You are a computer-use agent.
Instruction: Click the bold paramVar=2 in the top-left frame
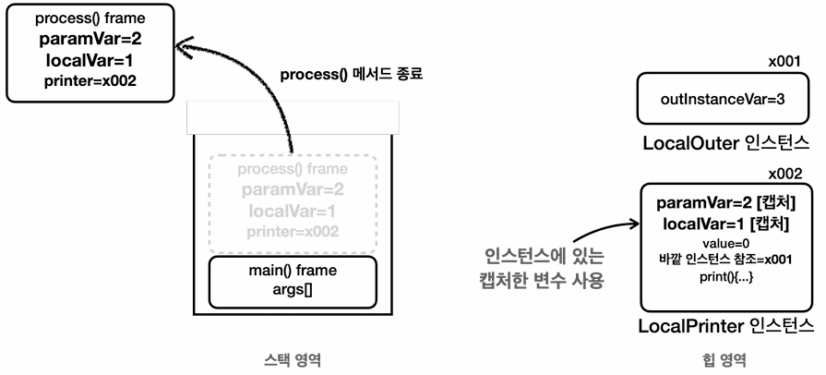click(90, 40)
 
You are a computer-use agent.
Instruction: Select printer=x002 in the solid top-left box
click(90, 81)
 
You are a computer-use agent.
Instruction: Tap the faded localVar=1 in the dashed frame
click(292, 211)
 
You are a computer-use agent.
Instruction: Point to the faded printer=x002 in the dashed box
click(293, 232)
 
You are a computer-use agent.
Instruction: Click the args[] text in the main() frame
click(293, 289)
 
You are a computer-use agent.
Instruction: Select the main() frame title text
click(293, 271)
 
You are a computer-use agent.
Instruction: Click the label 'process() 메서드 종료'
click(352, 75)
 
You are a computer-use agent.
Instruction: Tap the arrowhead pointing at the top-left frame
click(186, 46)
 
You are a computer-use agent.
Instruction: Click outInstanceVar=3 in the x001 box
click(723, 99)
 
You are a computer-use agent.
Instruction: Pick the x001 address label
click(784, 62)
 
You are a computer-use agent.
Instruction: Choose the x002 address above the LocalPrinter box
click(785, 174)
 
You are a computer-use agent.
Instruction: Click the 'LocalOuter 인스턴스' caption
click(725, 143)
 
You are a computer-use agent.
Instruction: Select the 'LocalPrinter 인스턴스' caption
click(726, 326)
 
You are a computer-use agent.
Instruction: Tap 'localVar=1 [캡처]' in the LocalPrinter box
click(725, 224)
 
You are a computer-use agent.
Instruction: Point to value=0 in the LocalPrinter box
click(725, 243)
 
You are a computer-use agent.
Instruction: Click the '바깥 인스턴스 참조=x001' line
click(725, 260)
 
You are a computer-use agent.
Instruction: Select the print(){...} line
click(726, 277)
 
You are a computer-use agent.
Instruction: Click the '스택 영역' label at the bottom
click(293, 360)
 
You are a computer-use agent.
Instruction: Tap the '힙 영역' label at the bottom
click(724, 360)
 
